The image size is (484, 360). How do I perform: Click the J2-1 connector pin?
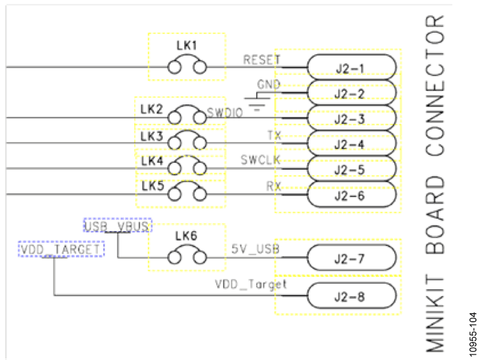(x=352, y=67)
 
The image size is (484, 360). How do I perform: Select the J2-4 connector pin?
(x=352, y=143)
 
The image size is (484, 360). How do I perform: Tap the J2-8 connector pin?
(x=352, y=296)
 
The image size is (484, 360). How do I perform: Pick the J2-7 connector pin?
(x=352, y=257)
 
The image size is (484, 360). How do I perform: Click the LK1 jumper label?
(x=187, y=46)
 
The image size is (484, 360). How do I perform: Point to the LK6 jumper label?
(x=186, y=236)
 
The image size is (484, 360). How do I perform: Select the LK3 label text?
(x=151, y=136)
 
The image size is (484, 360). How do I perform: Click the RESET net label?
(x=262, y=60)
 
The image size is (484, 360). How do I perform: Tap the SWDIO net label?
(x=225, y=113)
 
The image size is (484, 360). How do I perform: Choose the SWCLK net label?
(x=260, y=160)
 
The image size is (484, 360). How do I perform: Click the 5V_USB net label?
(x=255, y=249)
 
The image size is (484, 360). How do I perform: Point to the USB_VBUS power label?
(x=117, y=226)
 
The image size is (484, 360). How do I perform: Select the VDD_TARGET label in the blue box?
(x=61, y=249)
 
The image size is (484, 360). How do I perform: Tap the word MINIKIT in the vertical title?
(x=435, y=313)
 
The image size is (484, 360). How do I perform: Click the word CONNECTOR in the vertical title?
(x=435, y=85)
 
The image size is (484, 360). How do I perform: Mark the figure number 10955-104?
(x=473, y=335)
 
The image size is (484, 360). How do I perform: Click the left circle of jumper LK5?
(x=174, y=195)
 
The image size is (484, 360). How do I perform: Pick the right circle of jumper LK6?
(x=200, y=257)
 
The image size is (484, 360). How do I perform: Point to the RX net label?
(x=274, y=186)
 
